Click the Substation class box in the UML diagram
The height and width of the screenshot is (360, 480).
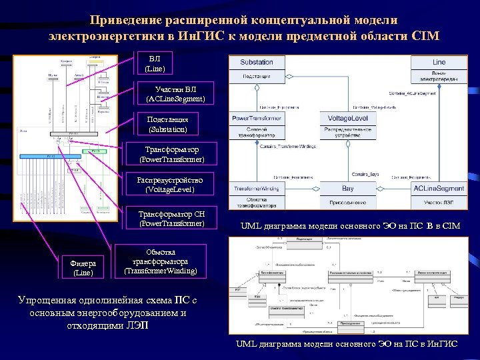click(x=257, y=68)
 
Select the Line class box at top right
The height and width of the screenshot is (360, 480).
click(x=438, y=68)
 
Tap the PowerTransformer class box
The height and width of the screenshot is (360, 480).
click(x=257, y=123)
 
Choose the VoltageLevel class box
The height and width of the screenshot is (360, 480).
click(x=348, y=123)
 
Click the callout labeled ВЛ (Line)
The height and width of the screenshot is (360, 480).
click(x=155, y=63)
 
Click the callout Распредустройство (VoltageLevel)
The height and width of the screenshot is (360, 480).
click(x=170, y=185)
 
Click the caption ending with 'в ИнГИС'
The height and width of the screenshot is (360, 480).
click(x=347, y=344)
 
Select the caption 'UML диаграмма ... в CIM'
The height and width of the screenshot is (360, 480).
click(x=350, y=227)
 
